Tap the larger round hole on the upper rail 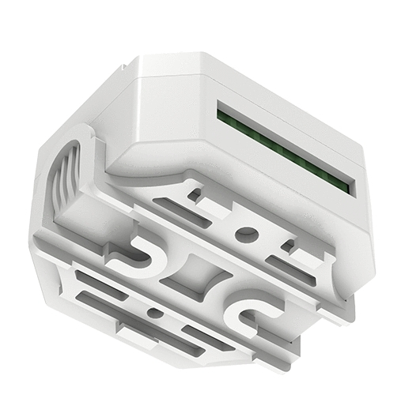coord(248,234)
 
